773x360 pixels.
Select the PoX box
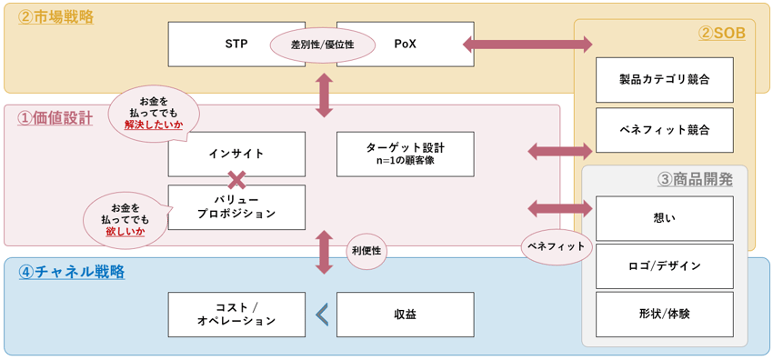click(405, 44)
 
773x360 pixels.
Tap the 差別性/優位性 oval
click(322, 45)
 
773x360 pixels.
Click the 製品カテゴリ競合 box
click(664, 80)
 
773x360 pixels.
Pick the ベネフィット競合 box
click(664, 129)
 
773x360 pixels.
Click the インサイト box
click(236, 154)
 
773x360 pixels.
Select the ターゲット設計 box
click(405, 154)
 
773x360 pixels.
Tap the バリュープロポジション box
click(236, 206)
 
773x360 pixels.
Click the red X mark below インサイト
click(237, 179)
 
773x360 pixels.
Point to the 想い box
click(664, 217)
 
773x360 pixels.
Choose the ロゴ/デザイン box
click(664, 265)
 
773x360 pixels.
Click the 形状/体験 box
click(664, 314)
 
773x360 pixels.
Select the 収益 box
click(405, 314)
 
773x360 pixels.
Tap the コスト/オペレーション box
click(236, 314)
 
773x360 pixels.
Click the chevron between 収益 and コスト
click(321, 314)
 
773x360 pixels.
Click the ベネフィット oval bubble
click(556, 246)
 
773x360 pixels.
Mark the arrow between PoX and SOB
click(527, 44)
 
